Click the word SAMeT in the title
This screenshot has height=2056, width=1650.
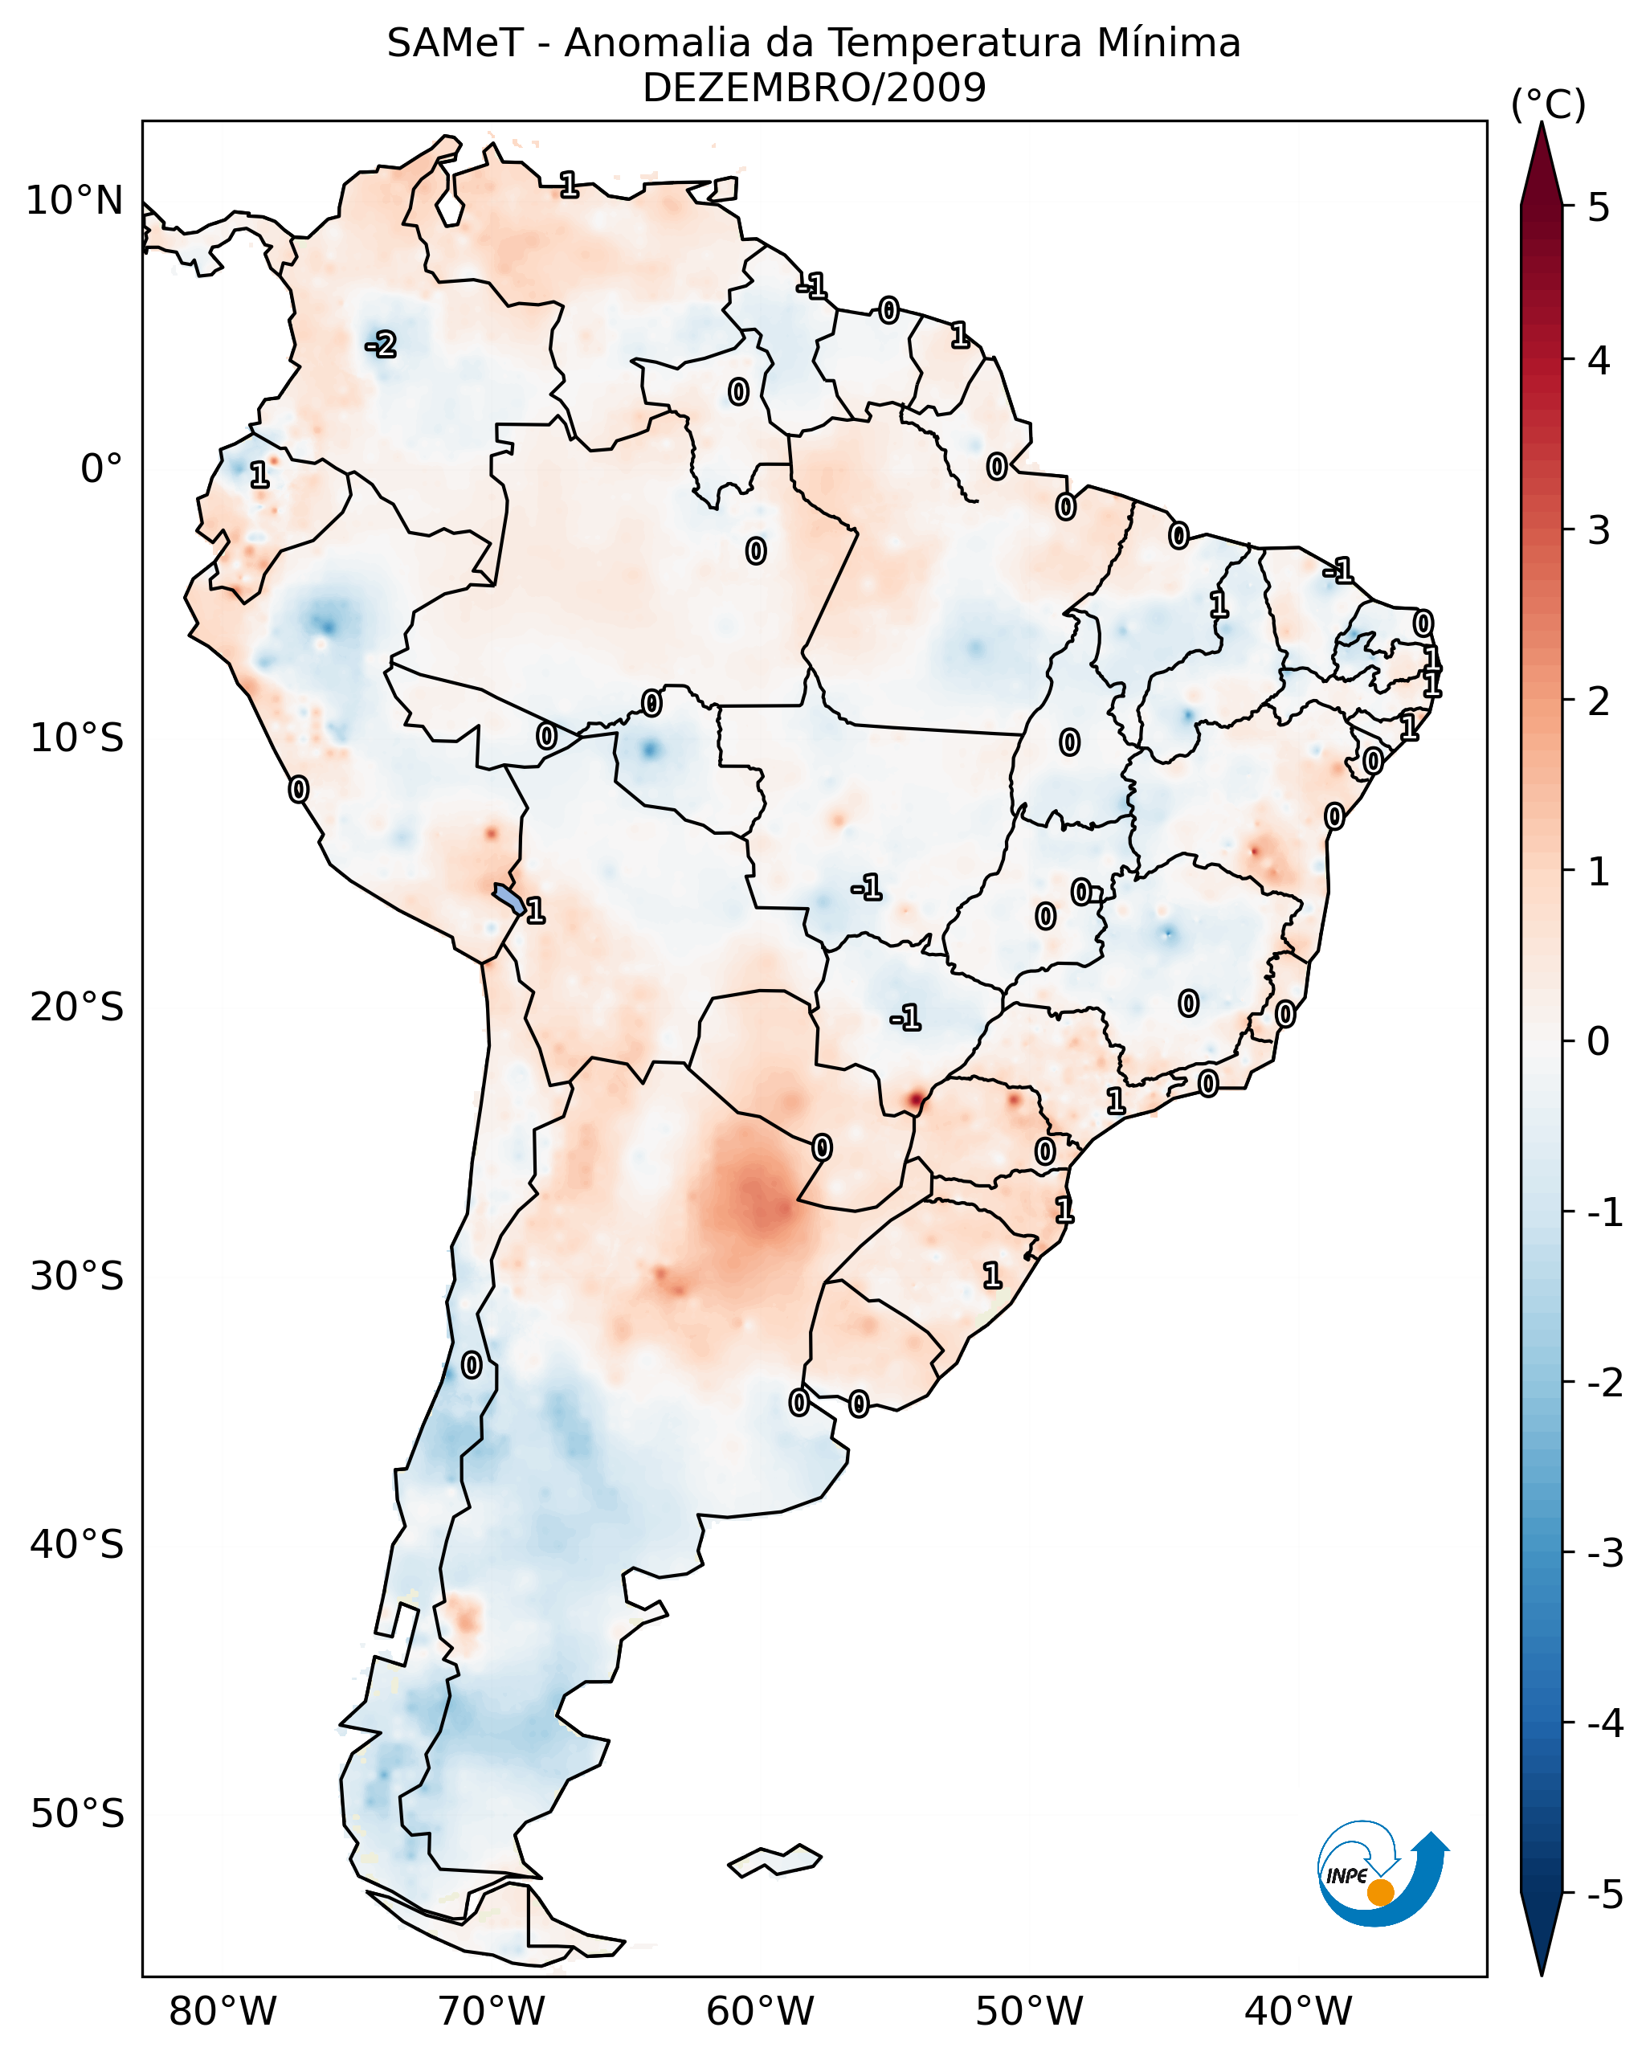[x=455, y=44]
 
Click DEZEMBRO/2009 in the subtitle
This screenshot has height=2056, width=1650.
[x=814, y=88]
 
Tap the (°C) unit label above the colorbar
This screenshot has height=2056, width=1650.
[x=1548, y=105]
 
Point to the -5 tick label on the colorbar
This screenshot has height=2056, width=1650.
[x=1603, y=1895]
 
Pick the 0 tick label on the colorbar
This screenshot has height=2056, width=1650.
[x=1599, y=1040]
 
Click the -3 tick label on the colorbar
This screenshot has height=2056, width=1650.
[x=1603, y=1553]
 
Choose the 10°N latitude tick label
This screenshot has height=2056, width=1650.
[x=75, y=201]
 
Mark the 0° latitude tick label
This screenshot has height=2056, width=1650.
[x=101, y=469]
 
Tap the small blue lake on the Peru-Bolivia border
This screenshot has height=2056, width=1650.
[x=507, y=897]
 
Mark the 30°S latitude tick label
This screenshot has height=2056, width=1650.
[x=77, y=1276]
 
